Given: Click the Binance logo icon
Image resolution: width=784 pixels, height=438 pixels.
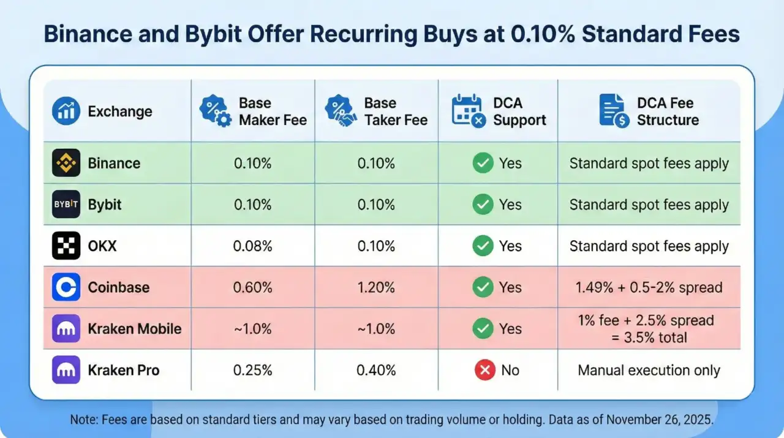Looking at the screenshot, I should tap(66, 164).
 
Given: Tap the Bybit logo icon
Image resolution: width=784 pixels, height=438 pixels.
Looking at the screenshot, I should tap(66, 205).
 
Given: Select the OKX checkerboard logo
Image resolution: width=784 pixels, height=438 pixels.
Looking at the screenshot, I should tap(66, 246).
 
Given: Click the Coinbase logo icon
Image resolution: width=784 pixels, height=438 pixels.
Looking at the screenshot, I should tap(66, 287).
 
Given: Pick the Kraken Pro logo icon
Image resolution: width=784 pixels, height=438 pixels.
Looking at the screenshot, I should tap(66, 370).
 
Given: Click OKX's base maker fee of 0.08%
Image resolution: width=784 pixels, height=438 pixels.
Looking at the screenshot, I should tap(252, 246).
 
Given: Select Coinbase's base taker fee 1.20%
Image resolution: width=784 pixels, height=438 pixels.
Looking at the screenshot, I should tap(376, 287).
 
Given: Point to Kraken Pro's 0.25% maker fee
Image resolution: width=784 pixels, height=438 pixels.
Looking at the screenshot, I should tap(252, 370).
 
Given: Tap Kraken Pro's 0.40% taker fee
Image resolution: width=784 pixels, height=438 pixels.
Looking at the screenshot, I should tap(376, 370).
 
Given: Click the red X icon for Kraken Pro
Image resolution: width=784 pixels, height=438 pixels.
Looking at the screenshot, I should tap(484, 370).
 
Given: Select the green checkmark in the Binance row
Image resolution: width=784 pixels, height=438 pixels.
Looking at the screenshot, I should tap(483, 164).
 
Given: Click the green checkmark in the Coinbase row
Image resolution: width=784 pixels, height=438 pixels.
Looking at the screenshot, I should tap(483, 287).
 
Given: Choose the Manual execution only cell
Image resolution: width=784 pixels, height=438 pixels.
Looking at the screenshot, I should tap(649, 370).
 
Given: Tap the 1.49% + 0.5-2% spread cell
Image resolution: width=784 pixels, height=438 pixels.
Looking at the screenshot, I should tap(649, 287).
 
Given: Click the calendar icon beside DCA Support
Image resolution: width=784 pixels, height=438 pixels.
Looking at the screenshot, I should tap(468, 111).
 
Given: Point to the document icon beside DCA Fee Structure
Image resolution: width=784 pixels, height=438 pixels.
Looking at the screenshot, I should tap(614, 111).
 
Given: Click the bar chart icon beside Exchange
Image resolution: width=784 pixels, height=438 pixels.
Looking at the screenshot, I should tap(66, 112).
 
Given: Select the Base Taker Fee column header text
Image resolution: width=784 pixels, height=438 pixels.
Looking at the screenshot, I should tap(395, 111).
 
